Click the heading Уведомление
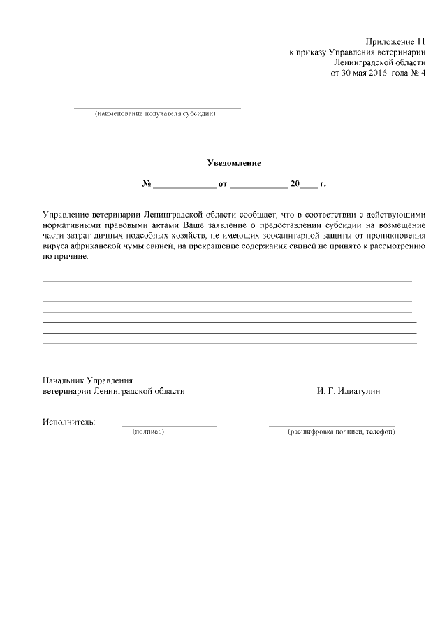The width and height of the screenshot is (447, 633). coord(234,163)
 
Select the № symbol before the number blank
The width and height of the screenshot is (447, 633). coord(147,185)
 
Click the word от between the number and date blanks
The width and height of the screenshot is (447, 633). coord(223,185)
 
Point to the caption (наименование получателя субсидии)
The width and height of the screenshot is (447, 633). coord(156,114)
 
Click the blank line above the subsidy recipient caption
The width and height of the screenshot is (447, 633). coord(157,108)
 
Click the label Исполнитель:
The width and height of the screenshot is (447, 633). coord(69,422)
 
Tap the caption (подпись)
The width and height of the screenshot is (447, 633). coord(148,432)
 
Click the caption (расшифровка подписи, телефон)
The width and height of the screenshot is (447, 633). coord(342,432)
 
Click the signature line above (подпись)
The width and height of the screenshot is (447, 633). coord(169,425)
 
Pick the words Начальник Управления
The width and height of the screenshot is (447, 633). coord(87,380)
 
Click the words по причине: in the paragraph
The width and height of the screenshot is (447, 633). coord(66,257)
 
